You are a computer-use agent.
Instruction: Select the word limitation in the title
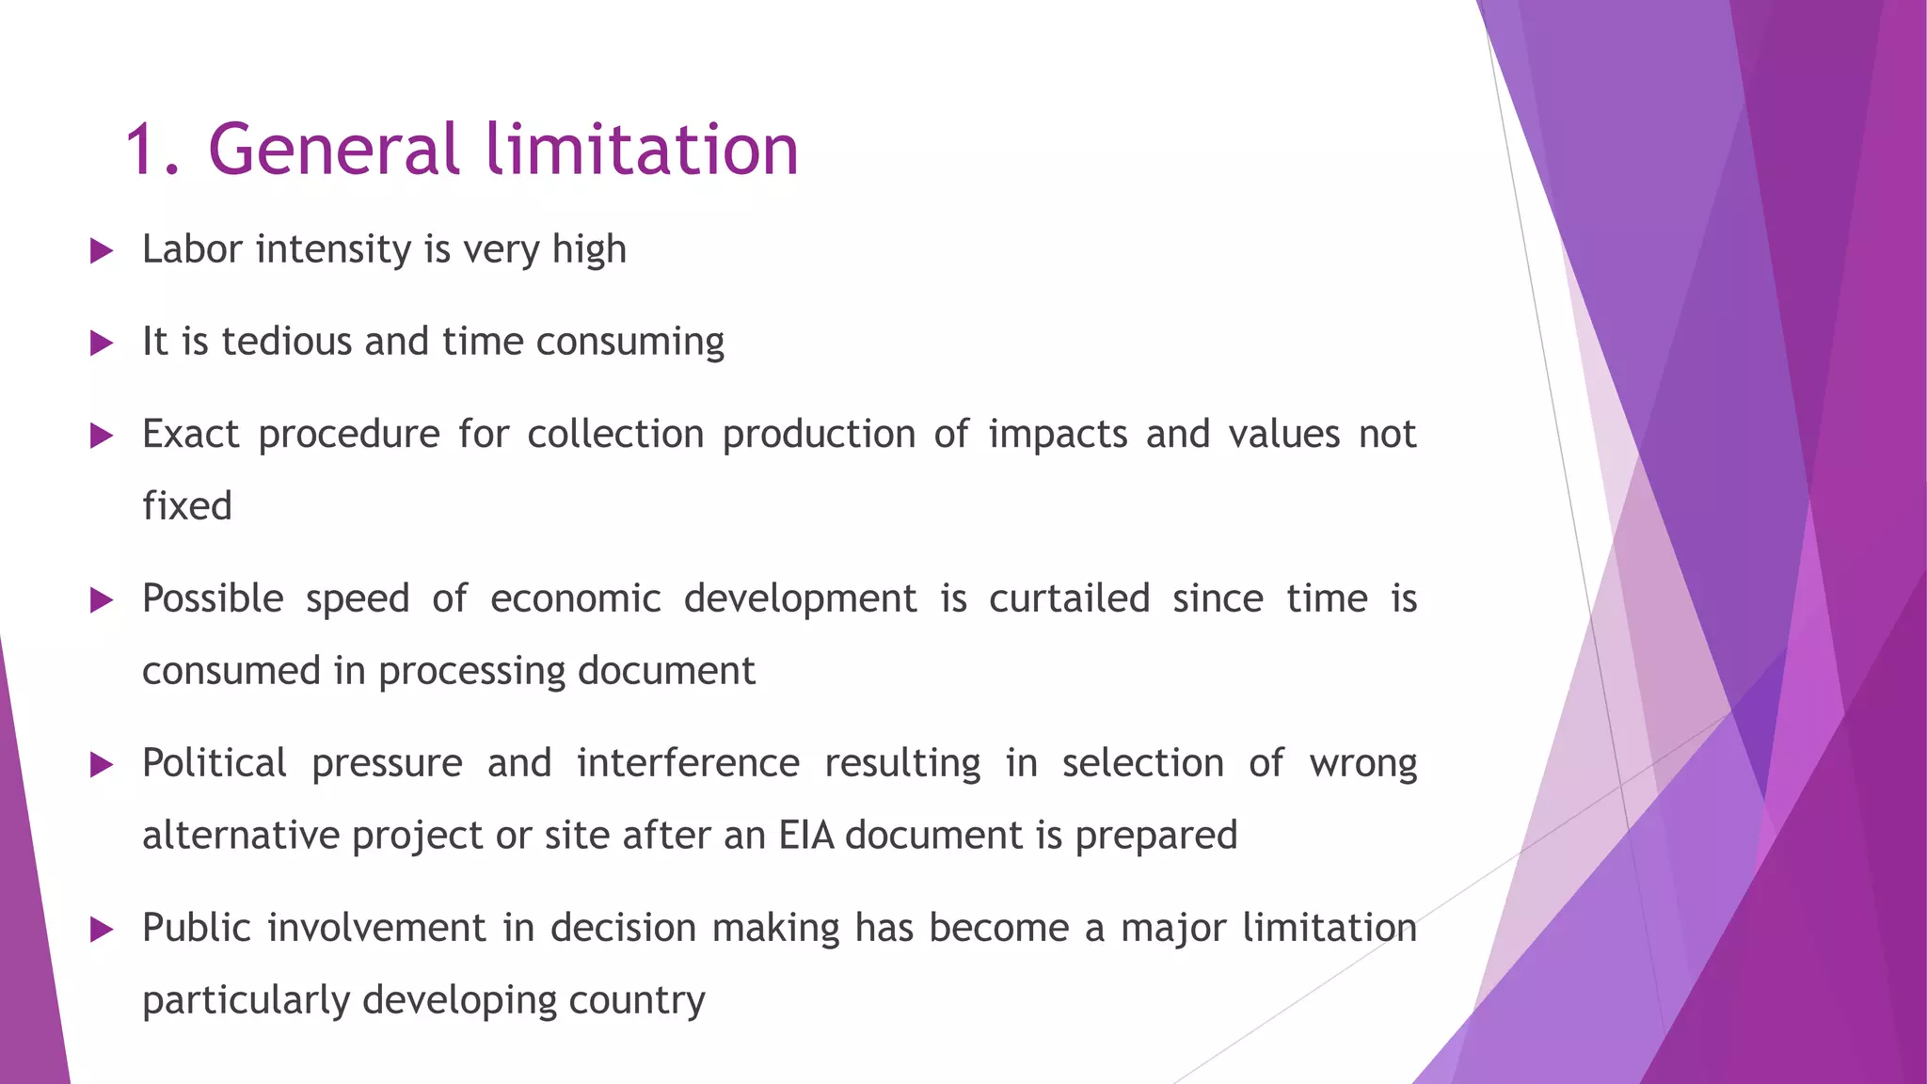click(x=643, y=150)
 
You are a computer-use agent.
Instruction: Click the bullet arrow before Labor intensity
click(x=102, y=251)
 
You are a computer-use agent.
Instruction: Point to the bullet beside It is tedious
click(x=102, y=343)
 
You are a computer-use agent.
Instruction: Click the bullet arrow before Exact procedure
click(x=102, y=436)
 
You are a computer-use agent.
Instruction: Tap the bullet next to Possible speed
click(x=102, y=600)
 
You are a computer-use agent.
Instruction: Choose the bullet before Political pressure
click(x=102, y=765)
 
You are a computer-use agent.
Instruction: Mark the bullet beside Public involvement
click(x=102, y=931)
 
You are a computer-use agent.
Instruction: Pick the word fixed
click(x=187, y=506)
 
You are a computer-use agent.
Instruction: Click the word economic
click(x=576, y=599)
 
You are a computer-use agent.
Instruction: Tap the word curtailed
click(x=1069, y=599)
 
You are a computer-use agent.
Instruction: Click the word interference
click(x=688, y=763)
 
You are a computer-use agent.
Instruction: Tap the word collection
click(x=615, y=435)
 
